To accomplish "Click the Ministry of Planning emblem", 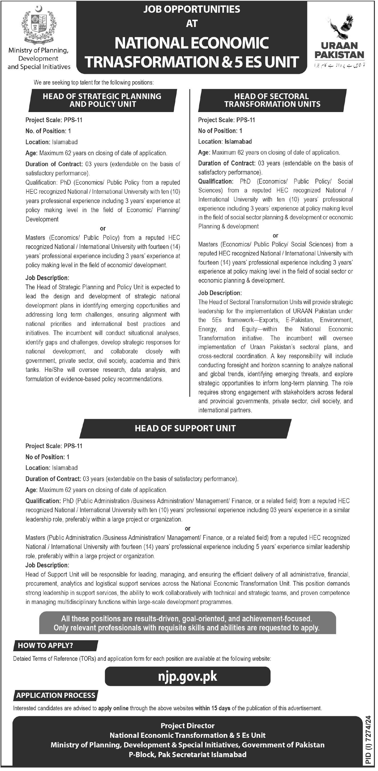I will [39, 25].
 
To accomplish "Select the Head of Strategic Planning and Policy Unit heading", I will [102, 100].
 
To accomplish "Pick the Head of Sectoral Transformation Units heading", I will [272, 100].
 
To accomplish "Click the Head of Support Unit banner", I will [185, 428].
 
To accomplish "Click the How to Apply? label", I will [45, 645].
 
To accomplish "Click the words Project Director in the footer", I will [187, 726].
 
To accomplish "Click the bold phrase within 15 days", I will [213, 708].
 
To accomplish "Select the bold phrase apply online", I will [113, 708].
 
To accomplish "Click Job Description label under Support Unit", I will [47, 565].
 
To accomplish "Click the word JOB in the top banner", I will [152, 10].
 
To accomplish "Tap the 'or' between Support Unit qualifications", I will [187, 529].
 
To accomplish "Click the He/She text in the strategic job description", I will [54, 370].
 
